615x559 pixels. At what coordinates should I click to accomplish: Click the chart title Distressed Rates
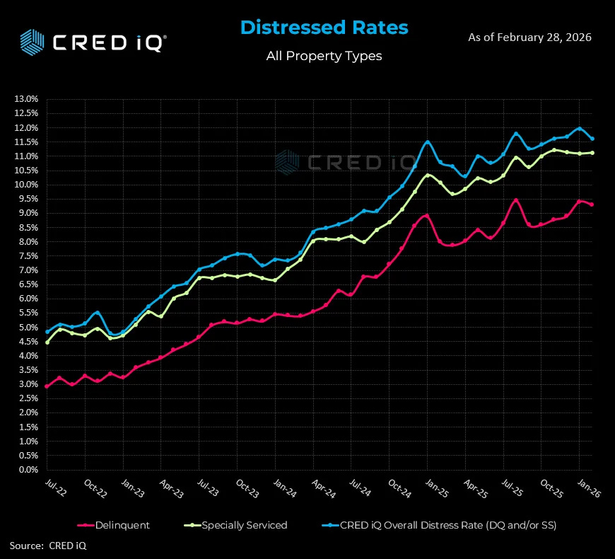pyautogui.click(x=324, y=28)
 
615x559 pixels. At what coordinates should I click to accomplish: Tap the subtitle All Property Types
pyautogui.click(x=324, y=56)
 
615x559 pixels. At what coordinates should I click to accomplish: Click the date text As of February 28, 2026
pyautogui.click(x=529, y=37)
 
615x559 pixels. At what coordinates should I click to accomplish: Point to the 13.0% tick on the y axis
pyautogui.click(x=25, y=99)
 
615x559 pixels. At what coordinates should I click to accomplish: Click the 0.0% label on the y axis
pyautogui.click(x=27, y=470)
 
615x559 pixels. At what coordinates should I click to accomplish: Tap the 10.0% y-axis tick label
pyautogui.click(x=25, y=185)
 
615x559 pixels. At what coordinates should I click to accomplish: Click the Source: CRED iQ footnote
pyautogui.click(x=48, y=546)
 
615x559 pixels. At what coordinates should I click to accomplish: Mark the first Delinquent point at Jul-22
pyautogui.click(x=47, y=386)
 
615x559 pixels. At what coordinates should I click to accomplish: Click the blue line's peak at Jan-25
pyautogui.click(x=427, y=142)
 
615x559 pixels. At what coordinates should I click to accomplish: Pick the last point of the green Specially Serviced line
pyautogui.click(x=592, y=152)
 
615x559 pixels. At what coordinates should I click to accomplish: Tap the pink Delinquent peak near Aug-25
pyautogui.click(x=516, y=200)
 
